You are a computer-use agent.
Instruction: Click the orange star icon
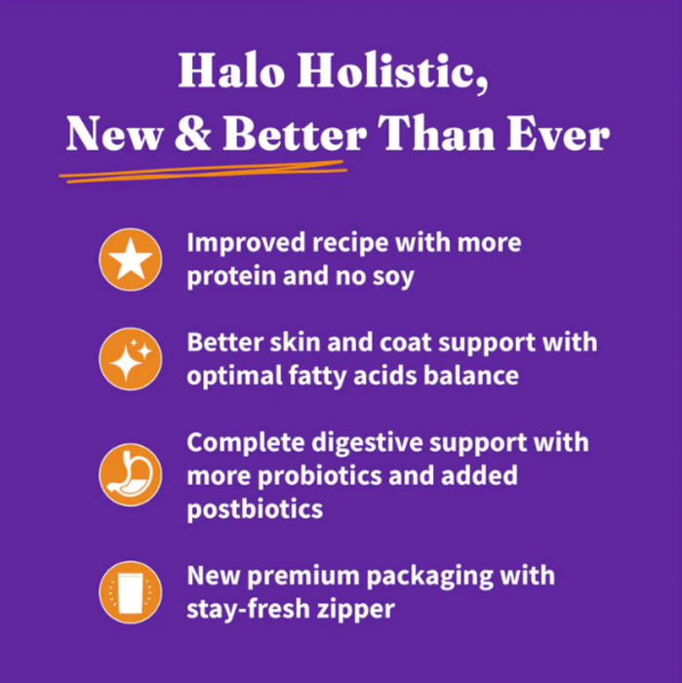click(x=130, y=260)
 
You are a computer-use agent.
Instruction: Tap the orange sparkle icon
click(x=130, y=360)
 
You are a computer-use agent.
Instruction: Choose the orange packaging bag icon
click(x=130, y=592)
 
